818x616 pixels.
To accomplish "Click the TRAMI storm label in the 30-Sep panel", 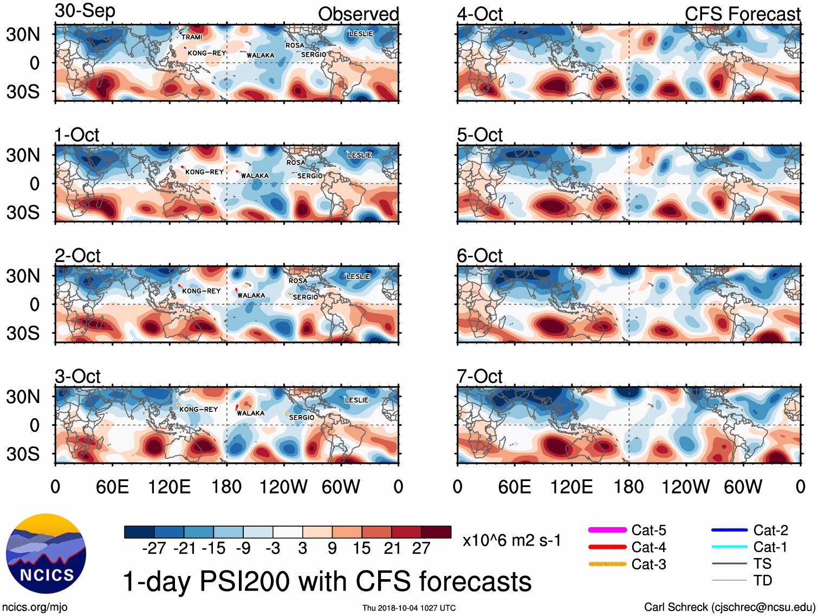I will [192, 37].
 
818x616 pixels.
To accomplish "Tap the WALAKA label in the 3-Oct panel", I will [251, 413].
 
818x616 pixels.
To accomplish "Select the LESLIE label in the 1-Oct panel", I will [360, 155].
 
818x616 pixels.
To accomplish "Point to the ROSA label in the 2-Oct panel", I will [298, 281].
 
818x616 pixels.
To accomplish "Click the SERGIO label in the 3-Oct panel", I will [302, 418].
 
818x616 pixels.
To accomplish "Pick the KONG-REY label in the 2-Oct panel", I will [202, 291].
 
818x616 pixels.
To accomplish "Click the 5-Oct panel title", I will [479, 135].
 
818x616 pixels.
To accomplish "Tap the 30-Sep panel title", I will [85, 11].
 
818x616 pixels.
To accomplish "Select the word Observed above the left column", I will [358, 14].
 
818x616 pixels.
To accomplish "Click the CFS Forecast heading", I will [742, 14].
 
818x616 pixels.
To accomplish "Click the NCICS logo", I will [46, 553].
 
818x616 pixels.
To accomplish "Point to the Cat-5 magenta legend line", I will [607, 530].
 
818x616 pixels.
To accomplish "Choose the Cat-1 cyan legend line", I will [729, 547].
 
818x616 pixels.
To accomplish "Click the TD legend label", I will [763, 581].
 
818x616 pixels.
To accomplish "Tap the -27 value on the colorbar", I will [154, 548].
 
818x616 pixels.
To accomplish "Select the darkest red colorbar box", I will [436, 532].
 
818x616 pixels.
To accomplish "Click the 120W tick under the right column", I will [685, 487].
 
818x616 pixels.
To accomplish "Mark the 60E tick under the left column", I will [112, 487].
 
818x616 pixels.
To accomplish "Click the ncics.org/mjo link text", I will [35, 607].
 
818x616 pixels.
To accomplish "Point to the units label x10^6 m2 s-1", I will [511, 541].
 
